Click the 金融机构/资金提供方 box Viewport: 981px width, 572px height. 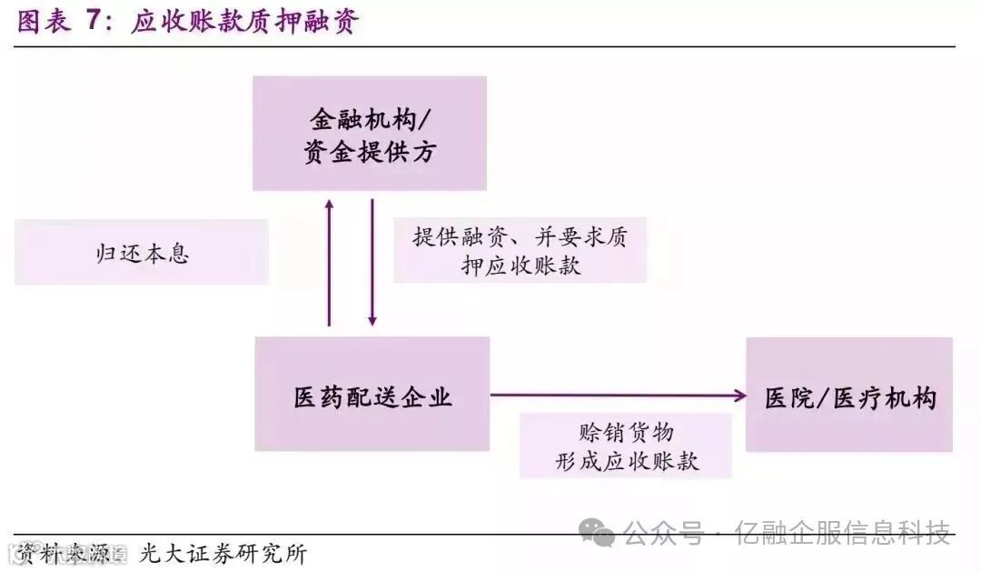(369, 134)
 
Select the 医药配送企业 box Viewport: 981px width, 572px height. (372, 395)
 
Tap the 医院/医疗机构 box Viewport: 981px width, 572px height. (849, 395)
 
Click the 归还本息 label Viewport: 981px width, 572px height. (142, 252)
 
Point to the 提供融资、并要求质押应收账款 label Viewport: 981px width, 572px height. (520, 250)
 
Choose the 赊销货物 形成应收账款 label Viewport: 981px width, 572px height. (627, 446)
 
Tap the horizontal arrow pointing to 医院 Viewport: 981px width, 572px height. (618, 395)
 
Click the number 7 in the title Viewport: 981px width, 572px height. (94, 22)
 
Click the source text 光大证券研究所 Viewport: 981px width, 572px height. (223, 552)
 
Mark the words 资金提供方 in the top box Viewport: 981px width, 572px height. (369, 152)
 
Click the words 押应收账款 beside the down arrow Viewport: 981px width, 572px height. (520, 266)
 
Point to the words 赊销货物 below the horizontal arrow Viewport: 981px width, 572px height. (626, 430)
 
